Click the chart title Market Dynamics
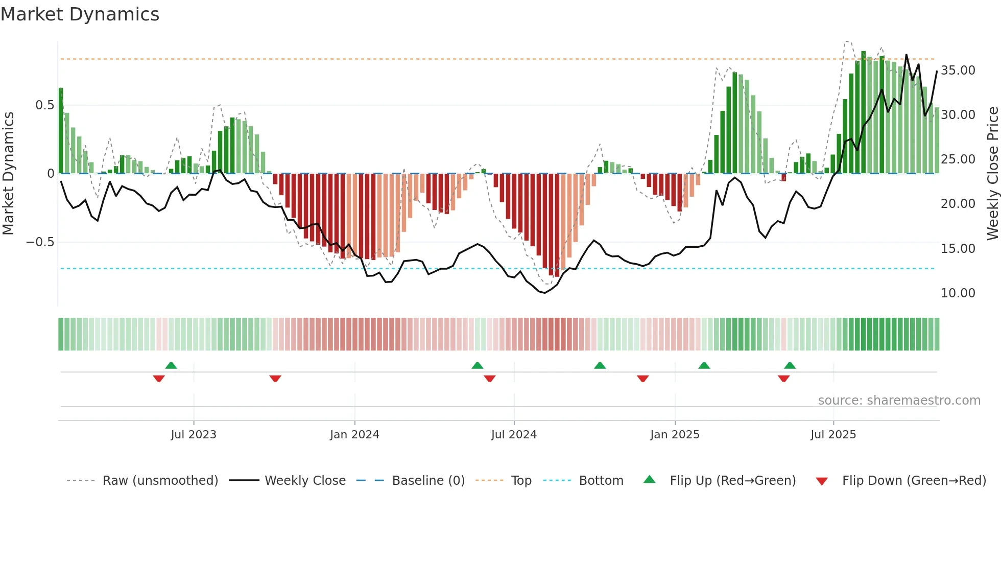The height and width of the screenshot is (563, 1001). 80,14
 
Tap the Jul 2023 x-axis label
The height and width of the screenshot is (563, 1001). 194,435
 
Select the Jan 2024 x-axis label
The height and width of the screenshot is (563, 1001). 354,435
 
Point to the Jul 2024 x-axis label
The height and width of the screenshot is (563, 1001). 514,435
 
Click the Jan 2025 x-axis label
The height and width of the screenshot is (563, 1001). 675,435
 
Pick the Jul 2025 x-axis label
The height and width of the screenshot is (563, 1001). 833,435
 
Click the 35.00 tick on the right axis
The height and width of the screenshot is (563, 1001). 958,71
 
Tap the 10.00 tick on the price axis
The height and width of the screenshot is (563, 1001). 958,293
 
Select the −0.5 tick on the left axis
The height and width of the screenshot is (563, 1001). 40,242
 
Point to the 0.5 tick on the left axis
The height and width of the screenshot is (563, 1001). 44,105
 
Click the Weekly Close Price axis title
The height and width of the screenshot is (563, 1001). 992,174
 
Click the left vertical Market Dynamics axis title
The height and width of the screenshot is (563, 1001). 9,174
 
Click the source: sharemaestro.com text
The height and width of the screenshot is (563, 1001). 899,401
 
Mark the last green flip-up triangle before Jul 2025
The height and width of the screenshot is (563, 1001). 790,365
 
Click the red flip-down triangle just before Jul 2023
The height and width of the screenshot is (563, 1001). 159,379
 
